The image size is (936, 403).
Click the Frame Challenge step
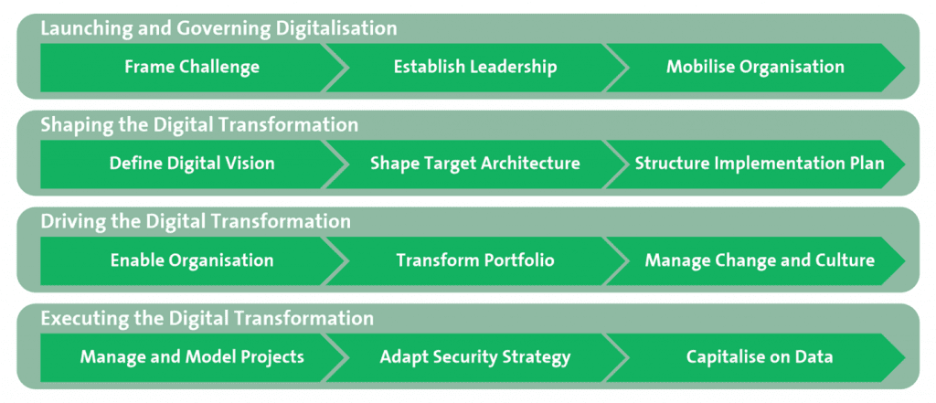(192, 67)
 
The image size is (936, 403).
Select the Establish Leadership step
(475, 67)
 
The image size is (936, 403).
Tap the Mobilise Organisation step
(755, 67)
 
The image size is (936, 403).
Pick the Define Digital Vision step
(192, 164)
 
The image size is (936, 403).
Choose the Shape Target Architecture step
(475, 164)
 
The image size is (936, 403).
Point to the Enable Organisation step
(192, 260)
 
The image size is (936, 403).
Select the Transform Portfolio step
(475, 260)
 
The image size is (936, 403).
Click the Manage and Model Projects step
(192, 357)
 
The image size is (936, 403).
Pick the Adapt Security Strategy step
(475, 357)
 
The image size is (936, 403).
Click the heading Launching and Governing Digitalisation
(218, 29)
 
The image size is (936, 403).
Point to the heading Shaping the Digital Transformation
(199, 125)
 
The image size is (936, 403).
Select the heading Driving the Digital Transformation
(196, 222)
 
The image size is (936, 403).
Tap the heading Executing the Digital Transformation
(207, 319)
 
